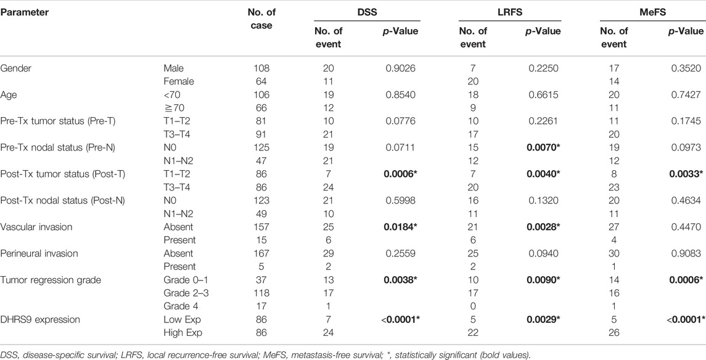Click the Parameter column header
24,12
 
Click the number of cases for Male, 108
261,68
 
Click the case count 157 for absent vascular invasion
261,227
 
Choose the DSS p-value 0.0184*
401,227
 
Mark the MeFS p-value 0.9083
688,253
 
